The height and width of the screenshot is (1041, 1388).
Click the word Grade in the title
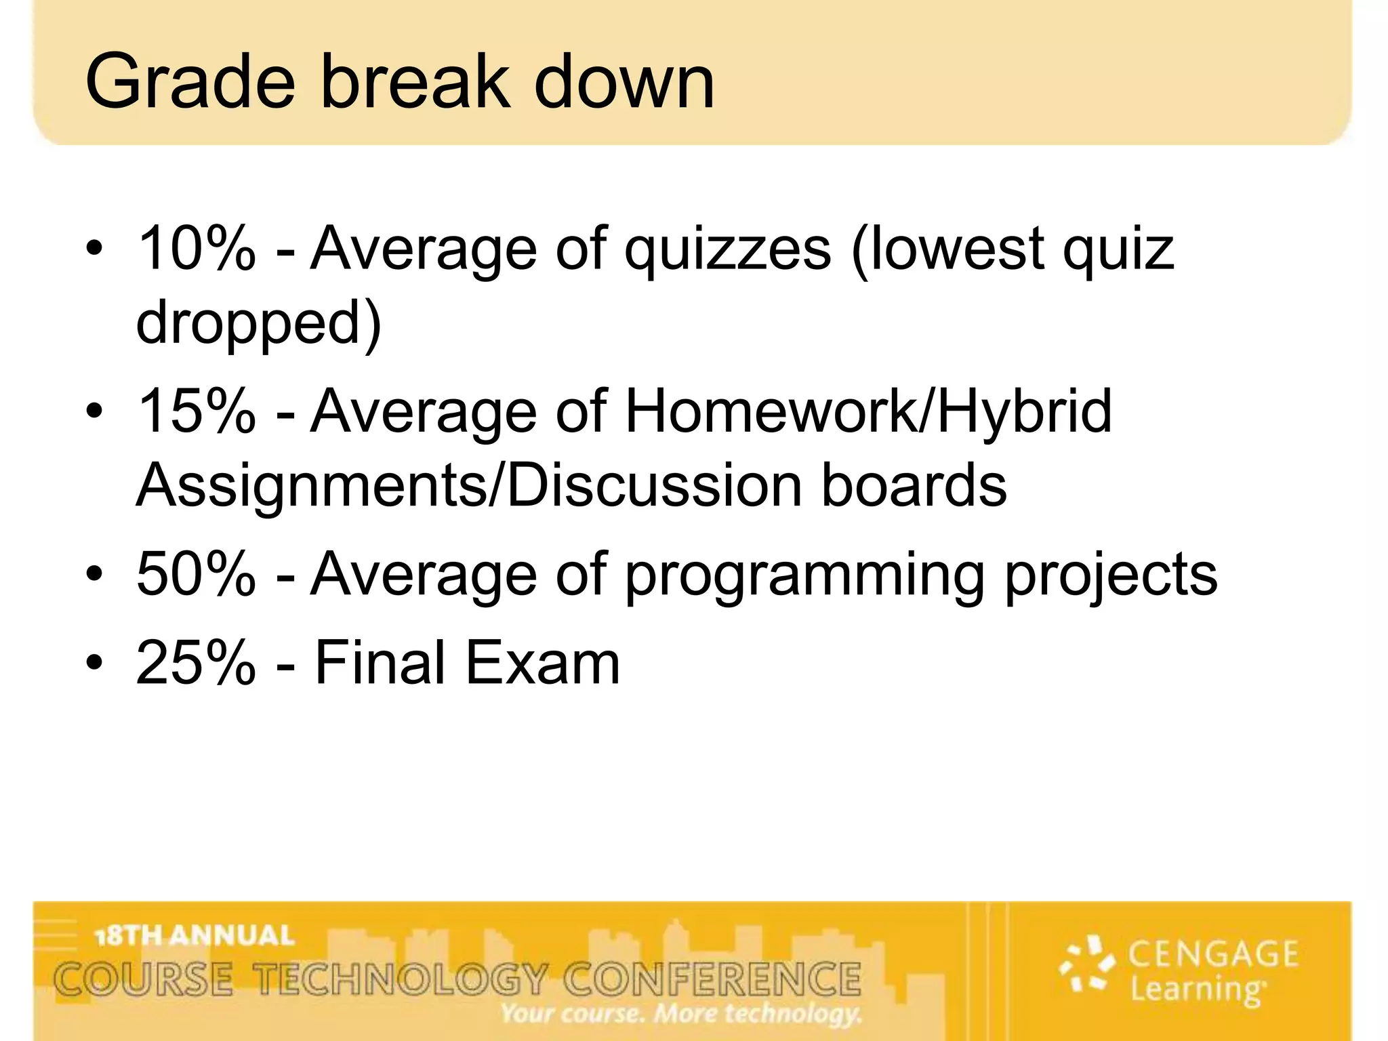click(190, 83)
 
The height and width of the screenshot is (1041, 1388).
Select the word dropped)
click(258, 323)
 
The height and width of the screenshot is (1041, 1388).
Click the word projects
click(1111, 575)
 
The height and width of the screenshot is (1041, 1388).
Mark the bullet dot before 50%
click(94, 575)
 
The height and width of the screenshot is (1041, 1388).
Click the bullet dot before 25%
click(94, 662)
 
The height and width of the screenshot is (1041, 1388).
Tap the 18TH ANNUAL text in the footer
click(195, 936)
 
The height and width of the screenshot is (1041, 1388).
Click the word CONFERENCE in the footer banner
click(712, 980)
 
